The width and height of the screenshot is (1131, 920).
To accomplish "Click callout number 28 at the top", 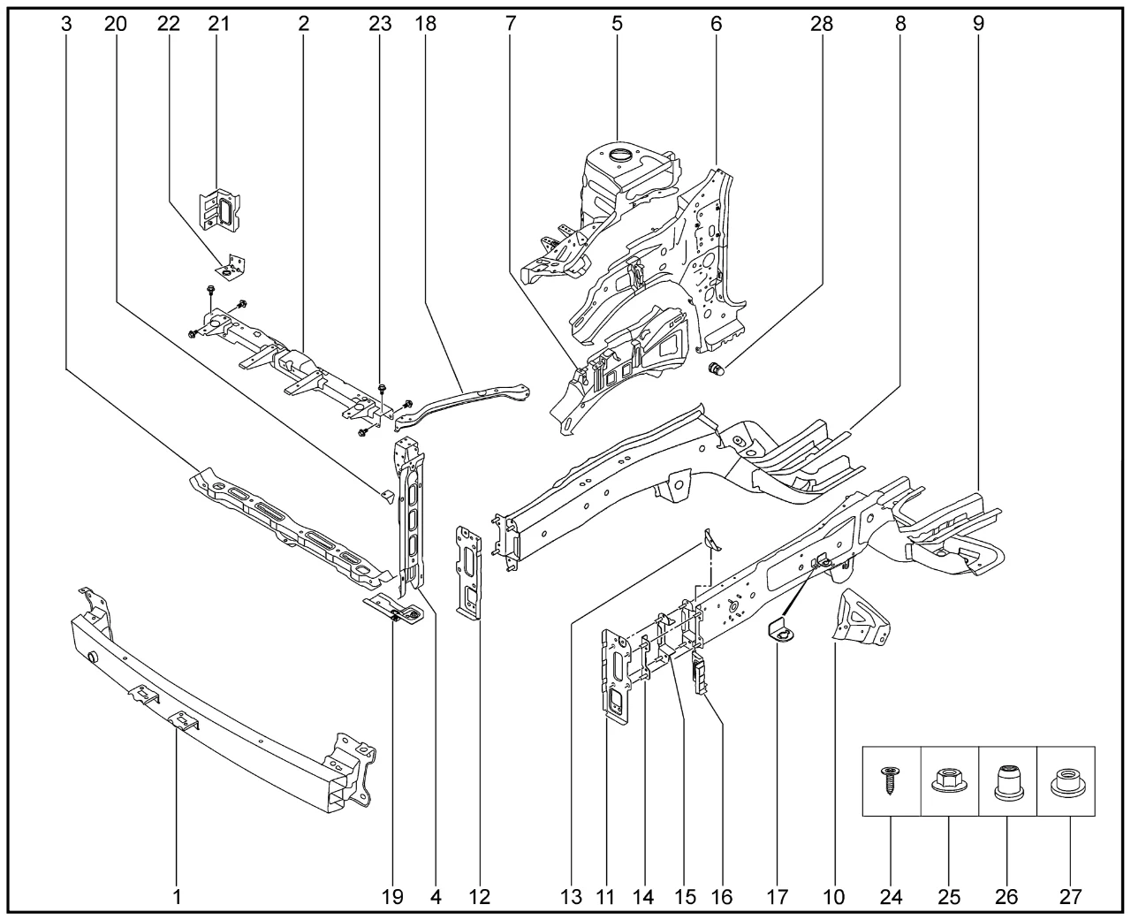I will (821, 24).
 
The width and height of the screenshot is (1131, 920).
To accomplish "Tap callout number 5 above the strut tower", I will (617, 24).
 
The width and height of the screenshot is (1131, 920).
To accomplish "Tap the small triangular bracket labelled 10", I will (862, 617).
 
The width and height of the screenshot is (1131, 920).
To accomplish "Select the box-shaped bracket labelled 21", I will (221, 211).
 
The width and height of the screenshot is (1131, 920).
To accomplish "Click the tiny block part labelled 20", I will (384, 492).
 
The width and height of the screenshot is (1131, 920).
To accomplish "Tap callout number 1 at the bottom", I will (177, 897).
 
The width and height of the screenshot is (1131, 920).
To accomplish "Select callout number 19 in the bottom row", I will (392, 897).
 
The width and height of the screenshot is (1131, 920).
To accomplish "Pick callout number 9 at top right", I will (978, 24).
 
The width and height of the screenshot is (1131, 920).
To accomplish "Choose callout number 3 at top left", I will (66, 24).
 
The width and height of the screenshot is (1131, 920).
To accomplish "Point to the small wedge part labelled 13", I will (711, 540).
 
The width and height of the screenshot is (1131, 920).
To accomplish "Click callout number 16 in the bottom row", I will (721, 897).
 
